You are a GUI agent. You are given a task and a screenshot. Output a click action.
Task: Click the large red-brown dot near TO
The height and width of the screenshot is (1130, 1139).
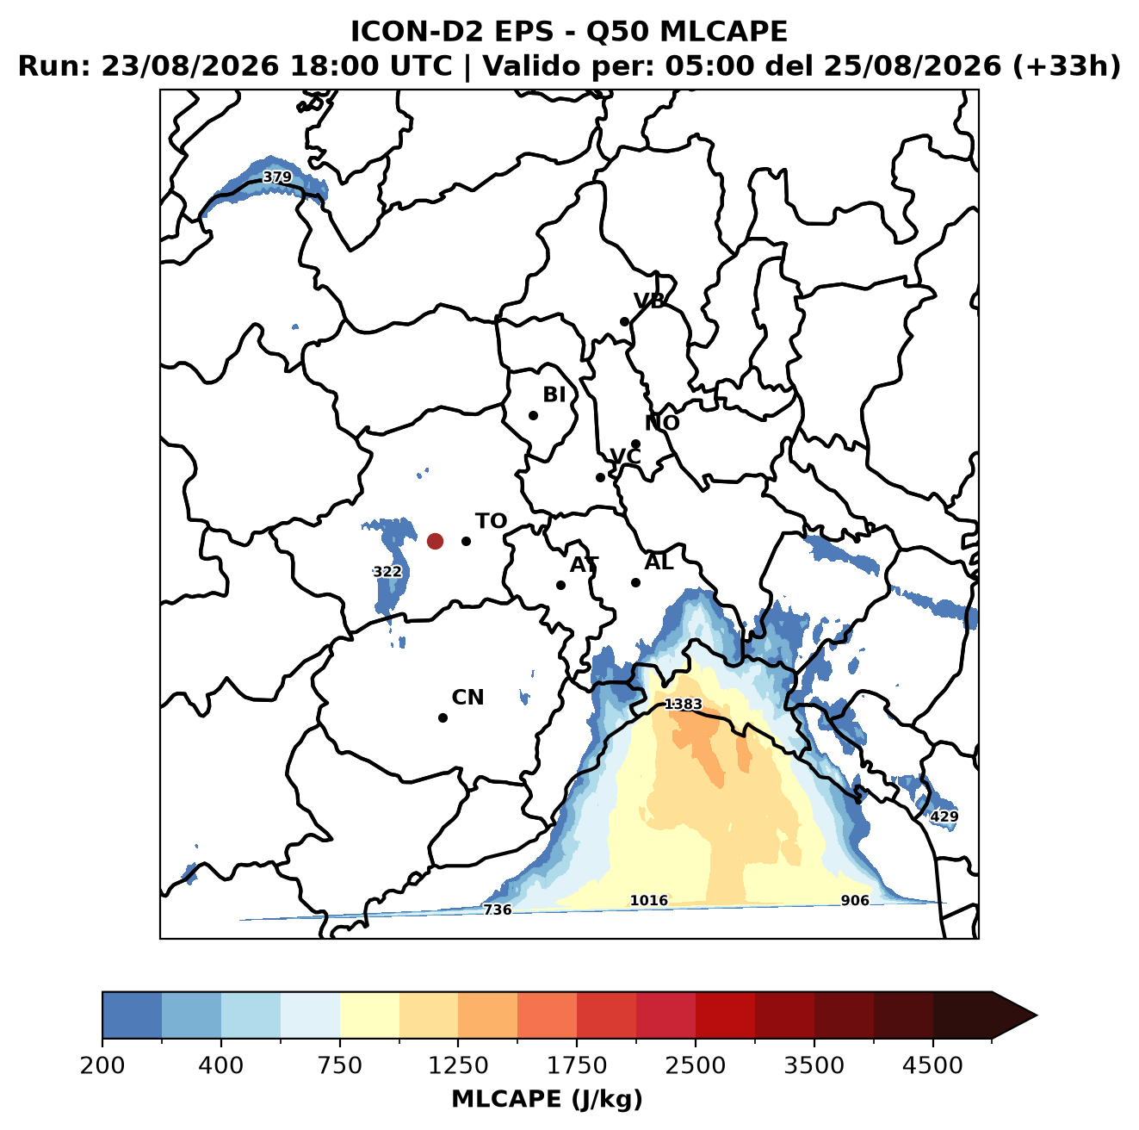pyautogui.click(x=435, y=541)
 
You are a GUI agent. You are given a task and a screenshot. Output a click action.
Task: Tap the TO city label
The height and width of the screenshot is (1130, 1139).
pyautogui.click(x=492, y=521)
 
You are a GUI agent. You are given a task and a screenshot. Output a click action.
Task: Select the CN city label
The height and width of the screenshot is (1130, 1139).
pyautogui.click(x=467, y=698)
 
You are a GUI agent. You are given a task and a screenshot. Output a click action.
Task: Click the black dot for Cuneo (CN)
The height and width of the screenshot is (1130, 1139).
pyautogui.click(x=443, y=717)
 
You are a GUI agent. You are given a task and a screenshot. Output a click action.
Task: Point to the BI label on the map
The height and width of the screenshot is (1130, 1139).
pyautogui.click(x=554, y=394)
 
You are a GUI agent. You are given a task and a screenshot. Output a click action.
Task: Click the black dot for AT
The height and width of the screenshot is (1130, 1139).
pyautogui.click(x=560, y=585)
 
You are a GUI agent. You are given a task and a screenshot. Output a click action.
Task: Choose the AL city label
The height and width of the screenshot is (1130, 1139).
pyautogui.click(x=659, y=562)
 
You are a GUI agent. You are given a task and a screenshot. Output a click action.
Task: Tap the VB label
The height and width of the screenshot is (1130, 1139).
pyautogui.click(x=649, y=301)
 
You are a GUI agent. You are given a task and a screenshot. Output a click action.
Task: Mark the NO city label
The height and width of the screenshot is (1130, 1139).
pyautogui.click(x=662, y=423)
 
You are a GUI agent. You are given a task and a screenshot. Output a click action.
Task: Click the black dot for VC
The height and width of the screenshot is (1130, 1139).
pyautogui.click(x=600, y=477)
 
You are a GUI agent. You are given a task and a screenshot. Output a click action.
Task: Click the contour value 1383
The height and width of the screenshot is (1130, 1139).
pyautogui.click(x=684, y=705)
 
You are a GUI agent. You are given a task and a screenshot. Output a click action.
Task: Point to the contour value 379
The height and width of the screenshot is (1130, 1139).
pyautogui.click(x=277, y=177)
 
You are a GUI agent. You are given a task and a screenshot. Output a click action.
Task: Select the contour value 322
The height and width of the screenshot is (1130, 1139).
pyautogui.click(x=387, y=572)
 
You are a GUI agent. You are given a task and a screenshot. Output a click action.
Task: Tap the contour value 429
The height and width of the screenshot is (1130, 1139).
pyautogui.click(x=944, y=816)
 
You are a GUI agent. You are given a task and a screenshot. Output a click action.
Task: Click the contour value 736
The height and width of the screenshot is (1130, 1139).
pyautogui.click(x=497, y=910)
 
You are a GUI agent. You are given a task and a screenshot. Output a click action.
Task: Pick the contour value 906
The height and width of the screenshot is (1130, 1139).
pyautogui.click(x=855, y=901)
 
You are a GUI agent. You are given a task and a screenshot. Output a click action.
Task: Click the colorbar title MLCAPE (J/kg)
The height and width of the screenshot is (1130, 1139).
pyautogui.click(x=547, y=1099)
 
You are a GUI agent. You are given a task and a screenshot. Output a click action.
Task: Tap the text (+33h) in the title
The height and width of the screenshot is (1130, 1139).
pyautogui.click(x=1067, y=66)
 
